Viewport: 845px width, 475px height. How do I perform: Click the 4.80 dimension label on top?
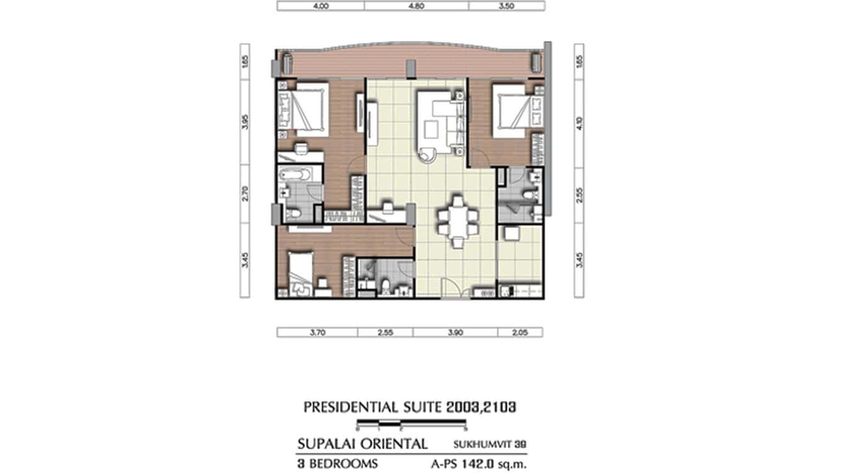point(416,6)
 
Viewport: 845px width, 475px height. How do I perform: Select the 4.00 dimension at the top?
point(320,6)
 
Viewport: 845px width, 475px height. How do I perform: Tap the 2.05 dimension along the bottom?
point(519,332)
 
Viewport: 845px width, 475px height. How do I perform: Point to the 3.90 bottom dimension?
point(455,332)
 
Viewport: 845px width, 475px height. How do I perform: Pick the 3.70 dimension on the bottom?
point(317,332)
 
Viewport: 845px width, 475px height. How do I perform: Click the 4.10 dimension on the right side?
point(579,121)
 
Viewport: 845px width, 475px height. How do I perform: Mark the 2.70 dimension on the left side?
point(246,193)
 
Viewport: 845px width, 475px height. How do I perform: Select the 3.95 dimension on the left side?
point(246,121)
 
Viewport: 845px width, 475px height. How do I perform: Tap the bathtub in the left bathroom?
point(300,175)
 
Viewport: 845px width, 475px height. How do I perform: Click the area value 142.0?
point(492,464)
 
